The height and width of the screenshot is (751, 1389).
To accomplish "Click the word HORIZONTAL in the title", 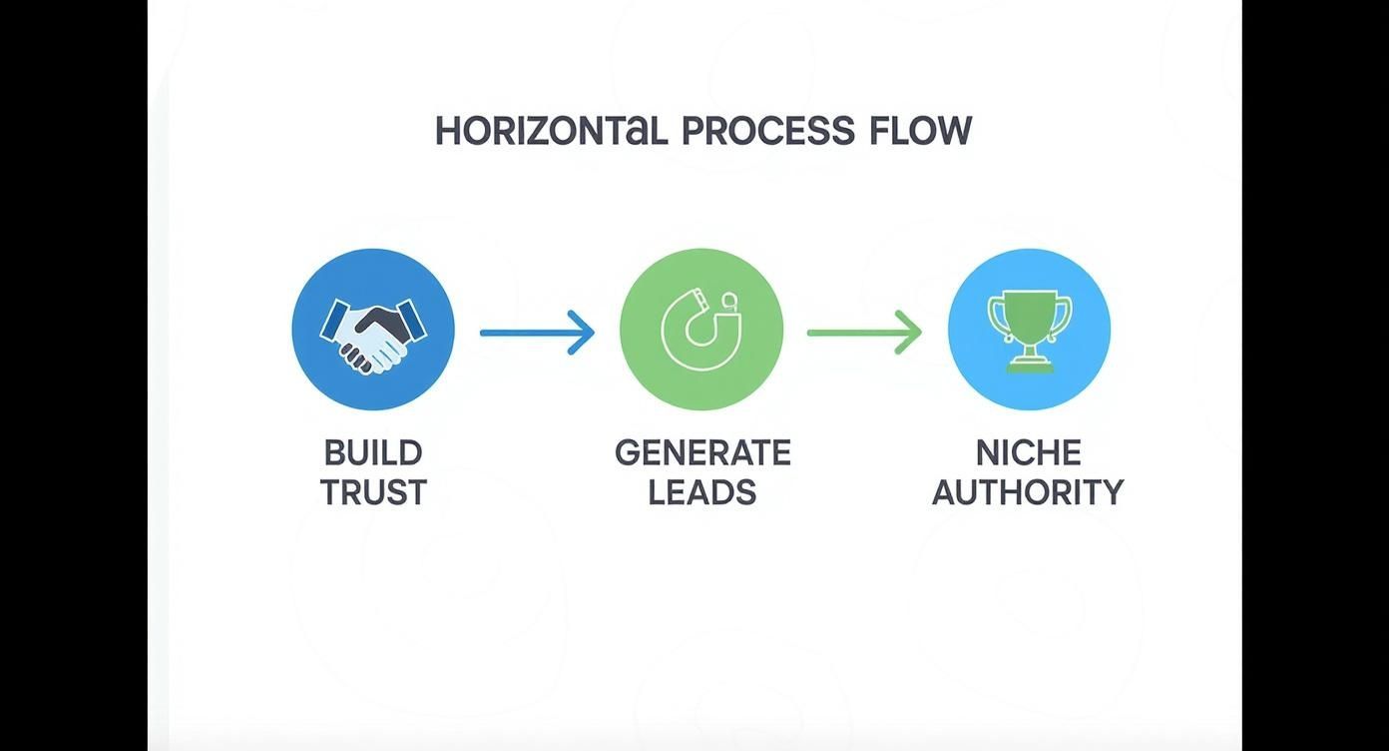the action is coord(551,131).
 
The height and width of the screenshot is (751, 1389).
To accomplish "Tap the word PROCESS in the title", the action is coord(767,131).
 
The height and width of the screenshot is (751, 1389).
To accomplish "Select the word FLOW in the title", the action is coord(920,131).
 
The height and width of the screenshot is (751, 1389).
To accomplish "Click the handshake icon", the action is coord(373,336).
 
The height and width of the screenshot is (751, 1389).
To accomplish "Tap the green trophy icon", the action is coord(1030,332).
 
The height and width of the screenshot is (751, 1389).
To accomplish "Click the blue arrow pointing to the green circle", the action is coord(537,334).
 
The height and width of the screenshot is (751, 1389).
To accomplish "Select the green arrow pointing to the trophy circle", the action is coord(864,334).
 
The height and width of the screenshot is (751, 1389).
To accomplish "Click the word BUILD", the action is coord(373,453).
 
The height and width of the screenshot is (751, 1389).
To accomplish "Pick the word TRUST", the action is coord(373,492).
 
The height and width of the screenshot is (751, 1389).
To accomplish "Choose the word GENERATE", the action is coord(702,453).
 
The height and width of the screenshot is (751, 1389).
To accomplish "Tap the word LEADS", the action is coord(702,492).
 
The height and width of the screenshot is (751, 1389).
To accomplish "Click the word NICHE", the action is coord(1029,453).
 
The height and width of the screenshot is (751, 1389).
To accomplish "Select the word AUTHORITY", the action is coord(1028,492).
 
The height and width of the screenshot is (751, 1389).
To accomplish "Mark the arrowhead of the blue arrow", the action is coord(583,334).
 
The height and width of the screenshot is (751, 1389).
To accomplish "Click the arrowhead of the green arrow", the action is coord(910,334).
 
